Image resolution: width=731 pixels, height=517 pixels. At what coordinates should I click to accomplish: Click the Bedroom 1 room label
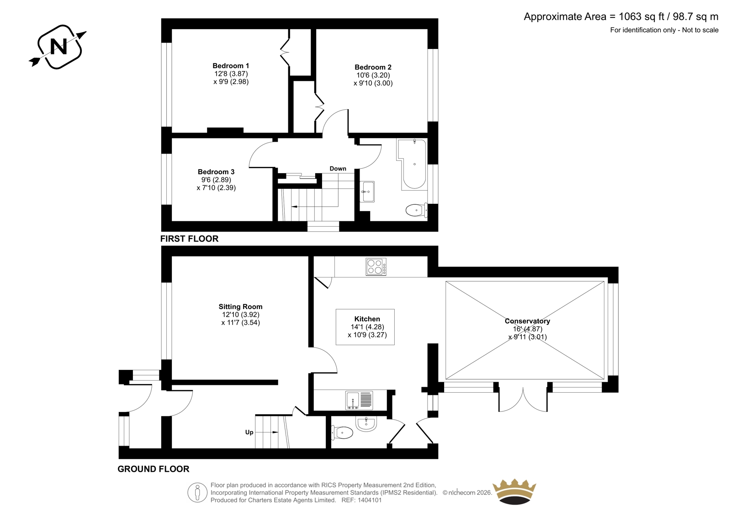[231, 66]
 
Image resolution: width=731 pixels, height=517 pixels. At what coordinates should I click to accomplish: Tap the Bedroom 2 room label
[373, 67]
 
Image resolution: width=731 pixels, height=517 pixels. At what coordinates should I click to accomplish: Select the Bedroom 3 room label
[216, 172]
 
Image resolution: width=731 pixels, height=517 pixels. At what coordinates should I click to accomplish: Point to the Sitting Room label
[240, 307]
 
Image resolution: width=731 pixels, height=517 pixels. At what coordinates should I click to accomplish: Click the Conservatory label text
[527, 321]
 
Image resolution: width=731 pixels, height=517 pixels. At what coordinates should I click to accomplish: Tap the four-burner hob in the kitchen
[376, 266]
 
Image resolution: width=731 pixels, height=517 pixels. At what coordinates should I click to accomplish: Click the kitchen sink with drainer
[359, 400]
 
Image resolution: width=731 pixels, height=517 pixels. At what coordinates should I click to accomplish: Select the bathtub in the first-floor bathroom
[412, 164]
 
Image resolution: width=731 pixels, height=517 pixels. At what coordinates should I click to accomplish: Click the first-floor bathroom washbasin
[367, 192]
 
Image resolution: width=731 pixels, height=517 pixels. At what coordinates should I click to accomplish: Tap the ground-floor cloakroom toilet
[342, 433]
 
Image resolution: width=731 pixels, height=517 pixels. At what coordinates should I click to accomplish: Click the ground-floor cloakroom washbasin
[366, 424]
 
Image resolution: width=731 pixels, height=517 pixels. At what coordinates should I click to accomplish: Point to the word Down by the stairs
[338, 169]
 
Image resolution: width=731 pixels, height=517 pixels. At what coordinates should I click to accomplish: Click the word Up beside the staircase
[249, 432]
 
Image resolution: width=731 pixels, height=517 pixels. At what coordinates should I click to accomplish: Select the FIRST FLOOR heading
[189, 239]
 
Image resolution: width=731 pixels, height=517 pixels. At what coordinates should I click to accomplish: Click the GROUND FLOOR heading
[154, 469]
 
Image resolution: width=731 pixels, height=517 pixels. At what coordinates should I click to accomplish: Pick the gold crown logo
[514, 491]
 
